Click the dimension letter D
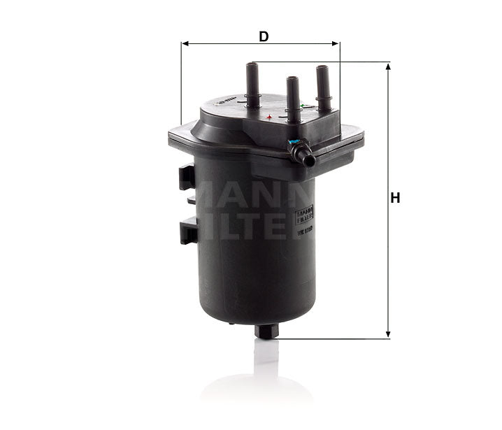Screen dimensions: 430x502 coord(264,36)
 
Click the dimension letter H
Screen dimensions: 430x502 coord(395,199)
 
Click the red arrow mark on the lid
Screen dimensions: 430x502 coord(269,116)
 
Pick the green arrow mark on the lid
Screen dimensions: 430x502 coord(301,106)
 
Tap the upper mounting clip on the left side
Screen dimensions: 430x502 coord(186,175)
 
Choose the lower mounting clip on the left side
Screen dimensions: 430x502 coord(187,229)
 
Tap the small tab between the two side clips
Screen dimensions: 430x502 coord(191,200)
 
